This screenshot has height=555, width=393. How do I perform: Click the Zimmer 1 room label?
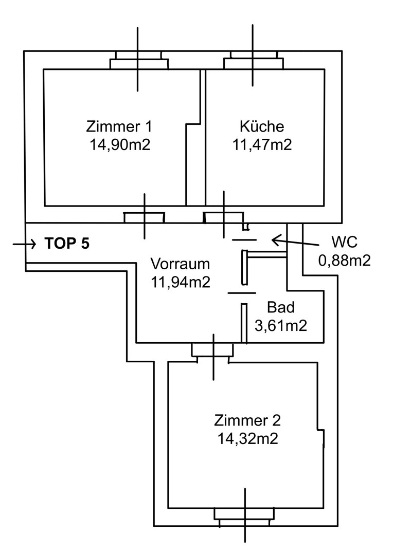(x=119, y=126)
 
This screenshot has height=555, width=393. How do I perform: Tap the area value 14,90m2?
(x=119, y=144)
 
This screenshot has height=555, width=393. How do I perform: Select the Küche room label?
(x=261, y=126)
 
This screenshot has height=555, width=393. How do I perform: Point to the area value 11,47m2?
(x=261, y=144)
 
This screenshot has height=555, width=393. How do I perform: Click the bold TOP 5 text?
(x=67, y=243)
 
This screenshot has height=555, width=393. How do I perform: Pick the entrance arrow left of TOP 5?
(x=23, y=243)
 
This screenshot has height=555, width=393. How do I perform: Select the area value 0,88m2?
(x=345, y=261)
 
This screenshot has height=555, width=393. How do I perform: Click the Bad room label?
(x=281, y=307)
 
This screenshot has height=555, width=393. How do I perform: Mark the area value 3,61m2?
(x=281, y=325)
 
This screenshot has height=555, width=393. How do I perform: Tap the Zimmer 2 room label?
(x=247, y=421)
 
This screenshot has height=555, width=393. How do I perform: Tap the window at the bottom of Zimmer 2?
(x=244, y=517)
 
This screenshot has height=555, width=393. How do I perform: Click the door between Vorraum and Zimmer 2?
(x=212, y=351)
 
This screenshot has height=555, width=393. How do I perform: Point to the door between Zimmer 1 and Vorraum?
(x=145, y=218)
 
